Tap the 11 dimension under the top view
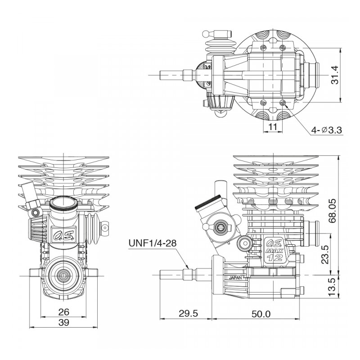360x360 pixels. point(272,127)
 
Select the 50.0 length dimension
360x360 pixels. point(261,314)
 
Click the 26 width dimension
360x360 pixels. point(64,312)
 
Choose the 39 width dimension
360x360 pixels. point(64,322)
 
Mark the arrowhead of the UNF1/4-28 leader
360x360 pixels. point(189,268)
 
